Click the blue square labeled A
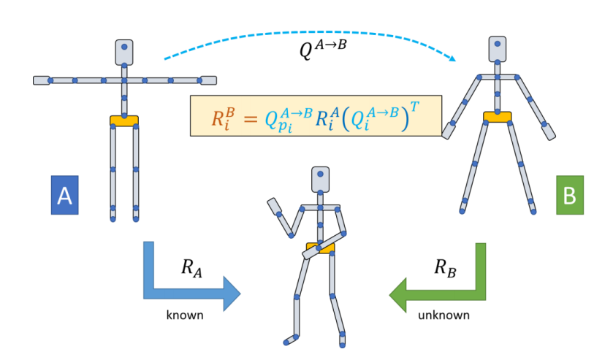tap(64, 195)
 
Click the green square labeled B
tap(570, 195)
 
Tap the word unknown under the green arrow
tap(443, 316)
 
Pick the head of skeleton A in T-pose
tap(124, 50)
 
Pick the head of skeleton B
tap(498, 48)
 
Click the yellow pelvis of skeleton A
tap(124, 120)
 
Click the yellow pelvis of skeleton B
tap(497, 117)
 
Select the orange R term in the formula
tap(221, 118)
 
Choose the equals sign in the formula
tap(251, 119)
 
